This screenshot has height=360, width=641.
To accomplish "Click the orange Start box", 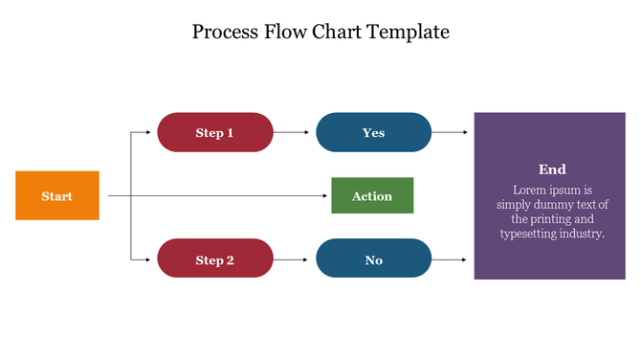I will tap(56, 195).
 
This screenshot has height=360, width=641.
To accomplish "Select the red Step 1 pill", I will tap(215, 132).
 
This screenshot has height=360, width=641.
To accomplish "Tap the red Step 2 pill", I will tap(215, 259).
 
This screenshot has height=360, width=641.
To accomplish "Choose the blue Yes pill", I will tap(373, 132).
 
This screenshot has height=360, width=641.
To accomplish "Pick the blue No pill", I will tap(373, 259).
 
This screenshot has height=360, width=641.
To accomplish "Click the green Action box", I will tap(372, 195).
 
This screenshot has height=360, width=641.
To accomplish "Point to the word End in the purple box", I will tap(552, 169).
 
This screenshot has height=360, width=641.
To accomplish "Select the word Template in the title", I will tap(407, 32).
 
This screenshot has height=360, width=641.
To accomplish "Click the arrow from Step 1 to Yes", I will tap(294, 132).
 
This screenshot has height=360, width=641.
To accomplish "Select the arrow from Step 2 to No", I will tap(294, 259).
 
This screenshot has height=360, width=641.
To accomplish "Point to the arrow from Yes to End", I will tap(452, 132).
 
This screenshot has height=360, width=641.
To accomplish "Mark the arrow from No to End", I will tap(452, 259).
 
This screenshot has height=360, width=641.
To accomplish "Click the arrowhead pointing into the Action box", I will tap(326, 195).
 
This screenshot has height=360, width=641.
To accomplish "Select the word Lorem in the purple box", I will tap(530, 190).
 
